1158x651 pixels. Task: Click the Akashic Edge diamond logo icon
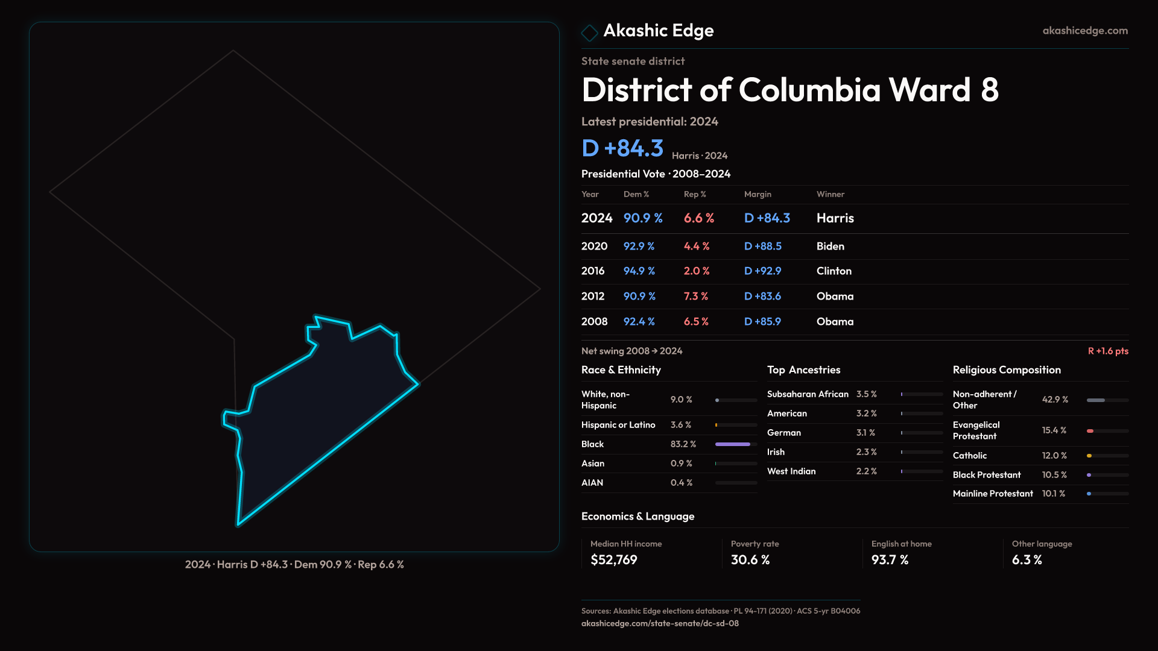(589, 32)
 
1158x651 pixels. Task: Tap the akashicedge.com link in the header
(1084, 31)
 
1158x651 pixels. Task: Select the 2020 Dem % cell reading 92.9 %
(639, 246)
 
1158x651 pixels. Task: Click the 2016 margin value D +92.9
(762, 271)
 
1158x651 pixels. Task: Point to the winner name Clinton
(834, 271)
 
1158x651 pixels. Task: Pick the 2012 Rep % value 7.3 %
(695, 297)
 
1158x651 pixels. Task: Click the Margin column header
(758, 194)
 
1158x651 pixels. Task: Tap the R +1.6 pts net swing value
(1107, 351)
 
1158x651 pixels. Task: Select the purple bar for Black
(732, 444)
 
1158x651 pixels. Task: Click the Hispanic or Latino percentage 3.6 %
(680, 425)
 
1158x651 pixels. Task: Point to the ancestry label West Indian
(791, 471)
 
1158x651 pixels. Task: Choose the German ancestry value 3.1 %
(865, 433)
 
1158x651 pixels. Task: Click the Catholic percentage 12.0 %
(1054, 456)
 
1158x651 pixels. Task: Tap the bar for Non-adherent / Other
(1096, 400)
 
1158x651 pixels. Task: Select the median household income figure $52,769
(613, 560)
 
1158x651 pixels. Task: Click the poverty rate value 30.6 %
(750, 560)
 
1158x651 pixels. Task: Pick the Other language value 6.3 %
(1027, 560)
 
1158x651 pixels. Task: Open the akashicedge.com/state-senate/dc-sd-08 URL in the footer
(659, 623)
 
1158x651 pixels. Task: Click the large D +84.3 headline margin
(622, 148)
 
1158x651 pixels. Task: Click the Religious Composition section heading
(1006, 370)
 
